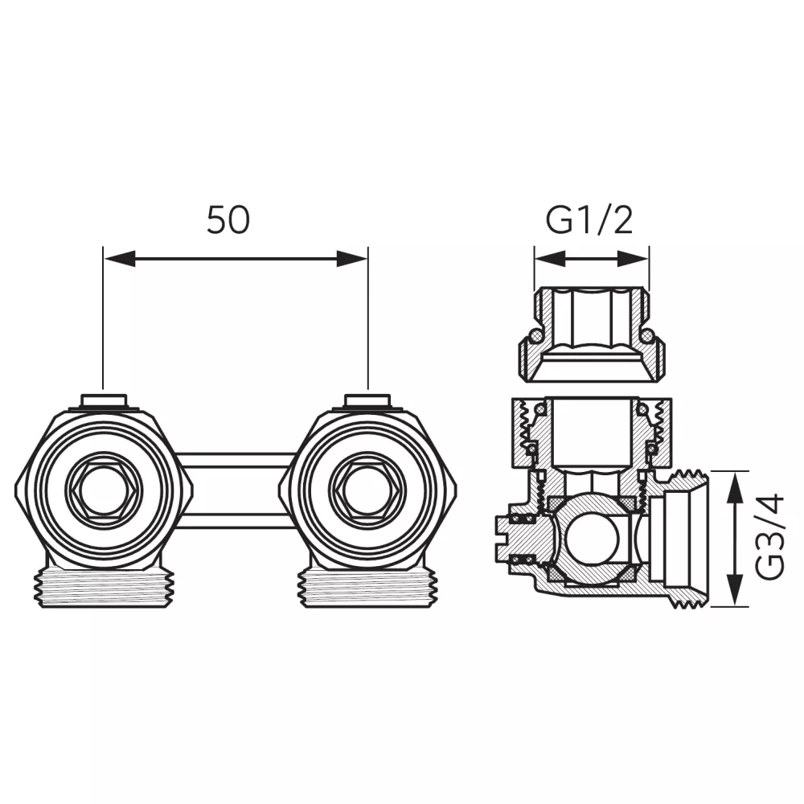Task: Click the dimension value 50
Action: coord(228,220)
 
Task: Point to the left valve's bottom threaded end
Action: coord(104,589)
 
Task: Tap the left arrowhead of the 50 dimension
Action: coord(120,259)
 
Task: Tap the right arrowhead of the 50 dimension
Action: coord(352,259)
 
